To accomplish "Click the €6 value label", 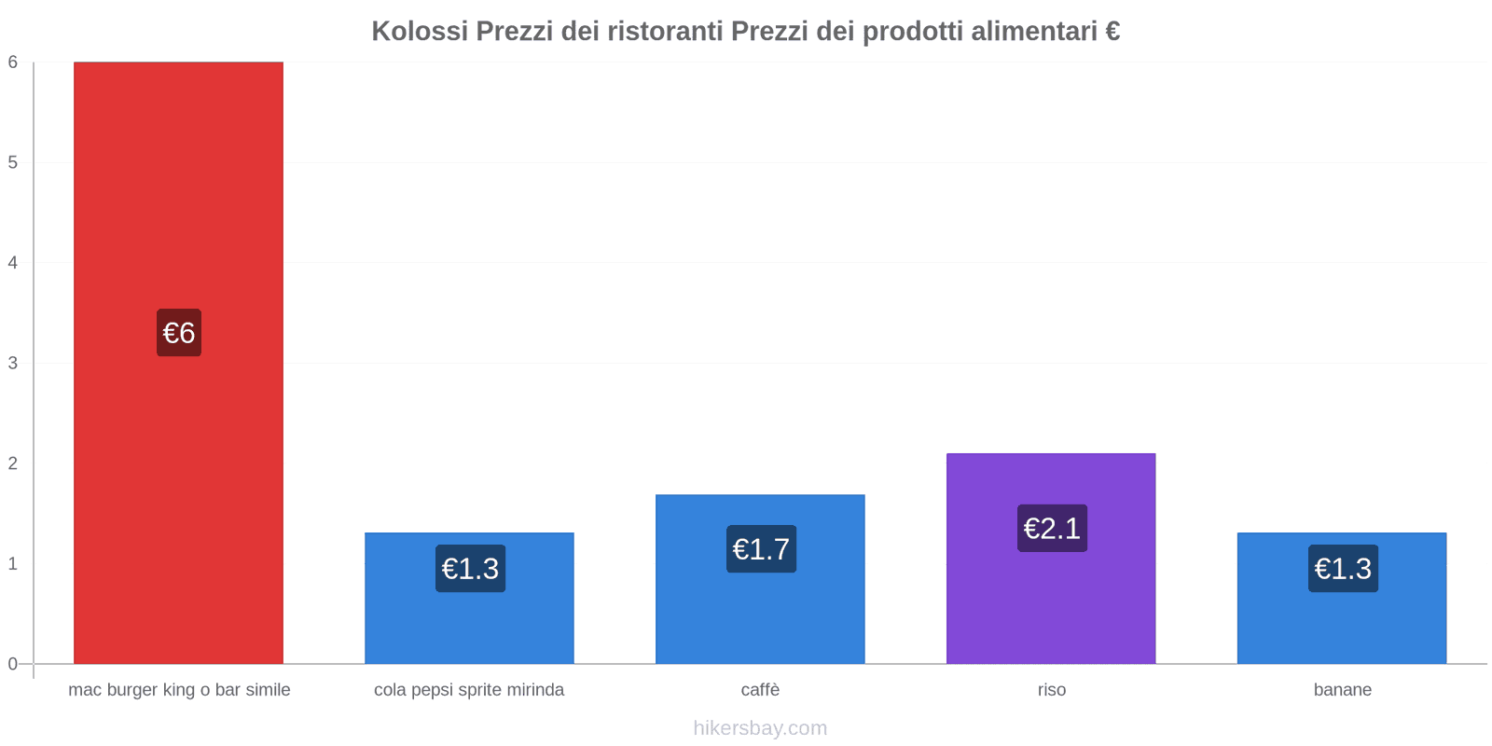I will [x=179, y=333].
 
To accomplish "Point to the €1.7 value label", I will [x=761, y=549].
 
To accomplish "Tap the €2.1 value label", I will [x=1052, y=529].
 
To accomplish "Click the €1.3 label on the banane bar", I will [x=1343, y=569].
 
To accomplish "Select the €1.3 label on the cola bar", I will [x=470, y=569].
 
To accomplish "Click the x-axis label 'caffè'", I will [x=760, y=690].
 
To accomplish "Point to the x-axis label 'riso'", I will [x=1051, y=690].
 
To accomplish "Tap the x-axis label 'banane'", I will [x=1342, y=690].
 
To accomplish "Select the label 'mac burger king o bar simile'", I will [x=179, y=690].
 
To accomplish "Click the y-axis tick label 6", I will [x=13, y=62].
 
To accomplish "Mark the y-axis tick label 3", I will [x=13, y=363].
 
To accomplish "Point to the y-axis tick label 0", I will [x=13, y=664].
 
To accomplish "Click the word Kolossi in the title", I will [x=420, y=31].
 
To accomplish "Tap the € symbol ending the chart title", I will [x=1112, y=31].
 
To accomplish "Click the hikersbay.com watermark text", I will [x=760, y=728].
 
